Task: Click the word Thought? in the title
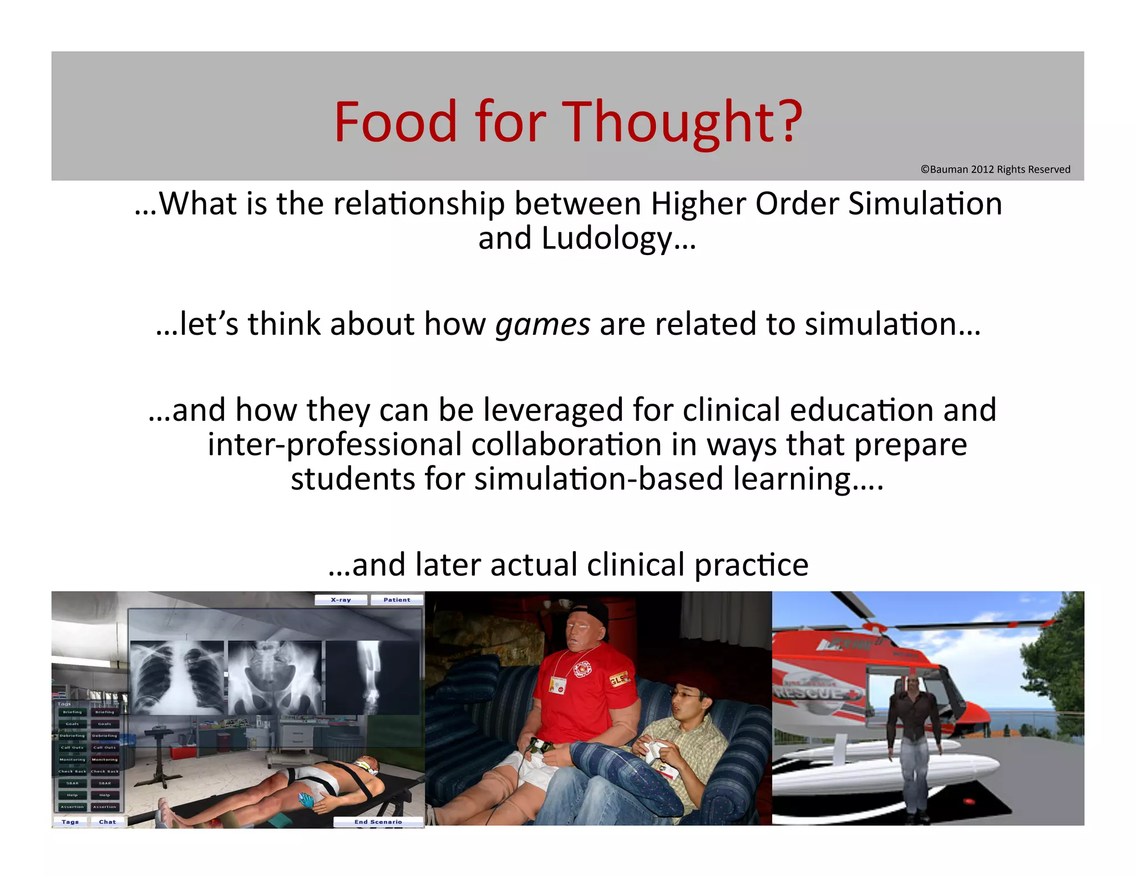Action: (x=683, y=122)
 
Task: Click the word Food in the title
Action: (x=395, y=122)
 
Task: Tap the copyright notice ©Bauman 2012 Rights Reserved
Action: (x=995, y=170)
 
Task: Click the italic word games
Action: (x=542, y=324)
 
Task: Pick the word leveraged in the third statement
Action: (x=554, y=411)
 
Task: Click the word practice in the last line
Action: (x=751, y=565)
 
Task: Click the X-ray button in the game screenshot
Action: (x=341, y=600)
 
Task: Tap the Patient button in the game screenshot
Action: (x=397, y=600)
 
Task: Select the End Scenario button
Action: (x=378, y=822)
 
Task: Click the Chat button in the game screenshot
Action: (x=107, y=822)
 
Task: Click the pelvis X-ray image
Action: (x=275, y=677)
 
